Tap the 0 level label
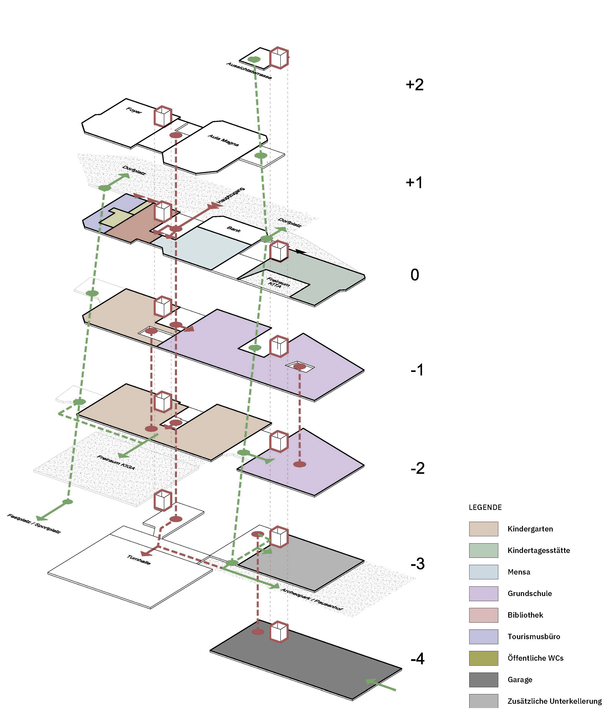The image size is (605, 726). pos(415,275)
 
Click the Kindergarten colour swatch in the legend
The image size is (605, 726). pos(483,529)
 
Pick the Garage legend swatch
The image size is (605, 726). pos(483,680)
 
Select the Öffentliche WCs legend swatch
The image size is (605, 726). pos(483,658)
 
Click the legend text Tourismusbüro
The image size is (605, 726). pos(533,636)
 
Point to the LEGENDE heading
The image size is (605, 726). pos(485,507)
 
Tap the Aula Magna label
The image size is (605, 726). pos(223,140)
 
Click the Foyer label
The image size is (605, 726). pos(134,111)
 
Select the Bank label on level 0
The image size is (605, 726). pos(234,229)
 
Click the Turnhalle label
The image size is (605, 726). pos(139,560)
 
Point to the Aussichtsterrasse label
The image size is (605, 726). pos(249,70)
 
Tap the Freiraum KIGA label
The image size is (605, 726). pos(116,462)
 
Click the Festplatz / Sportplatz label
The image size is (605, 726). pos(34,524)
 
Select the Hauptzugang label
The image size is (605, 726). pos(231,195)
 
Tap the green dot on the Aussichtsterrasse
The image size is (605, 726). pos(254,60)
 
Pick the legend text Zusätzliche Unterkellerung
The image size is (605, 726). pos(554,701)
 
